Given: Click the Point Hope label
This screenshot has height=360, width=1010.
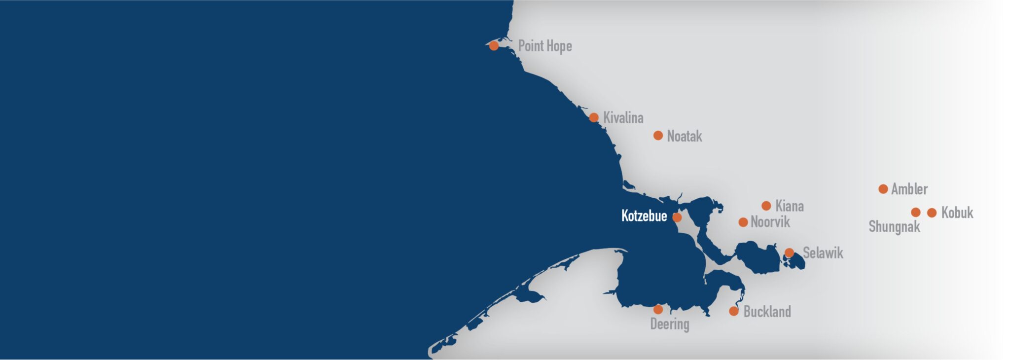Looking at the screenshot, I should pyautogui.click(x=544, y=46).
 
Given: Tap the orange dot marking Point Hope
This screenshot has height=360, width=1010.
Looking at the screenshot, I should pyautogui.click(x=494, y=46).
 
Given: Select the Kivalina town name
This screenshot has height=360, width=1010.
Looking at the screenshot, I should pyautogui.click(x=623, y=118).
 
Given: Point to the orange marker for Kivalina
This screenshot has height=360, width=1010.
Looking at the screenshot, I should pyautogui.click(x=594, y=117).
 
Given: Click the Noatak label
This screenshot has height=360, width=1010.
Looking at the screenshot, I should pyautogui.click(x=684, y=136).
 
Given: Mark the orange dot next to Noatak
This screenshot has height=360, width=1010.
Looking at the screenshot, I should pyautogui.click(x=658, y=135).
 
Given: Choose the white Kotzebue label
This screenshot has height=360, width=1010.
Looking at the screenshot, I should pyautogui.click(x=644, y=216).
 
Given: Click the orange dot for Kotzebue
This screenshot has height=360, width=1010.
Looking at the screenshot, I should pyautogui.click(x=677, y=217).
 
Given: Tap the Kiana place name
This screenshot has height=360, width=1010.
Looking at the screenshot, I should pyautogui.click(x=789, y=206).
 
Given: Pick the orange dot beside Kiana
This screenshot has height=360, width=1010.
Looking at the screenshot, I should pyautogui.click(x=766, y=206).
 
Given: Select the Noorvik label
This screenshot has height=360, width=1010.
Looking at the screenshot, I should pyautogui.click(x=770, y=222).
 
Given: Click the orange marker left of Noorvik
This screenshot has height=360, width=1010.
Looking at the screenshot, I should pyautogui.click(x=743, y=222).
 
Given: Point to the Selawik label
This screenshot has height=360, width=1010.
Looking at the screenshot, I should pyautogui.click(x=823, y=253).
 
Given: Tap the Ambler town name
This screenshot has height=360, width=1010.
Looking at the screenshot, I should pyautogui.click(x=909, y=189).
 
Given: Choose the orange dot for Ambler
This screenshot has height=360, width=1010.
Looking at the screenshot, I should pyautogui.click(x=883, y=189).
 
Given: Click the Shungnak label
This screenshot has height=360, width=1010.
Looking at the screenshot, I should pyautogui.click(x=894, y=227).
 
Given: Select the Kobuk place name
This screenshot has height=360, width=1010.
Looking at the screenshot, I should pyautogui.click(x=957, y=213).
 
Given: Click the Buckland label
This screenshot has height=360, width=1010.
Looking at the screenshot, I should pyautogui.click(x=767, y=312).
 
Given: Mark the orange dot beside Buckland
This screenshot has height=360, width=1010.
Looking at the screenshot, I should pyautogui.click(x=733, y=311).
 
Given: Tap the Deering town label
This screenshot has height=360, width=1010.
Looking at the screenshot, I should pyautogui.click(x=669, y=324).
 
